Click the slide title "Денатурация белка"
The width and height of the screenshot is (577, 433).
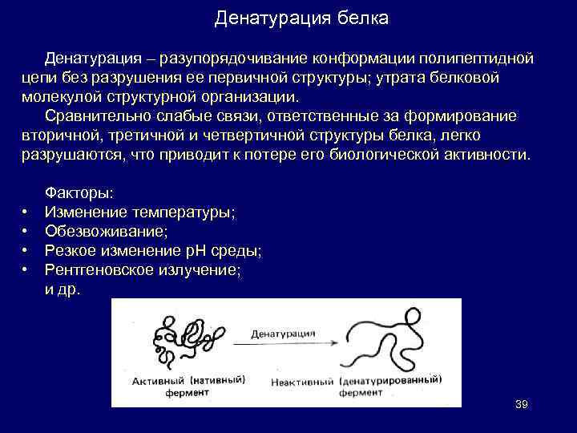pyautogui.click(x=301, y=18)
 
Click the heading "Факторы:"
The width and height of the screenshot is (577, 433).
pyautogui.click(x=79, y=193)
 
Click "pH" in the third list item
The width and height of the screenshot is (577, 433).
pyautogui.click(x=196, y=251)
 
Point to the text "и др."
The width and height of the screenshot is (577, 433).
pyautogui.click(x=63, y=289)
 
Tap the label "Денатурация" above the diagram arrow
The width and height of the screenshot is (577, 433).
pyautogui.click(x=282, y=332)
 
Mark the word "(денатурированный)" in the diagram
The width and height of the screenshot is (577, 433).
pyautogui.click(x=391, y=378)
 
